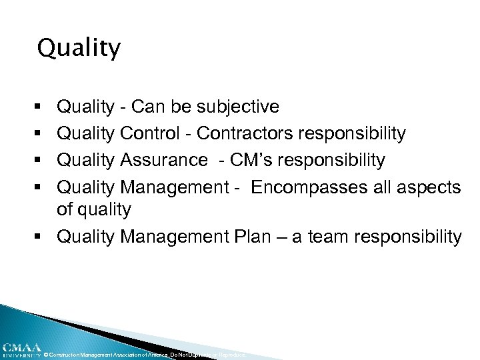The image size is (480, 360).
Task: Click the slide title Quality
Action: [79, 49]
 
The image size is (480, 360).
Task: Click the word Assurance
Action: [164, 161]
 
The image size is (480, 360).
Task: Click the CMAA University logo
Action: [21, 350]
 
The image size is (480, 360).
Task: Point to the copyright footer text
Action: [144, 355]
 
